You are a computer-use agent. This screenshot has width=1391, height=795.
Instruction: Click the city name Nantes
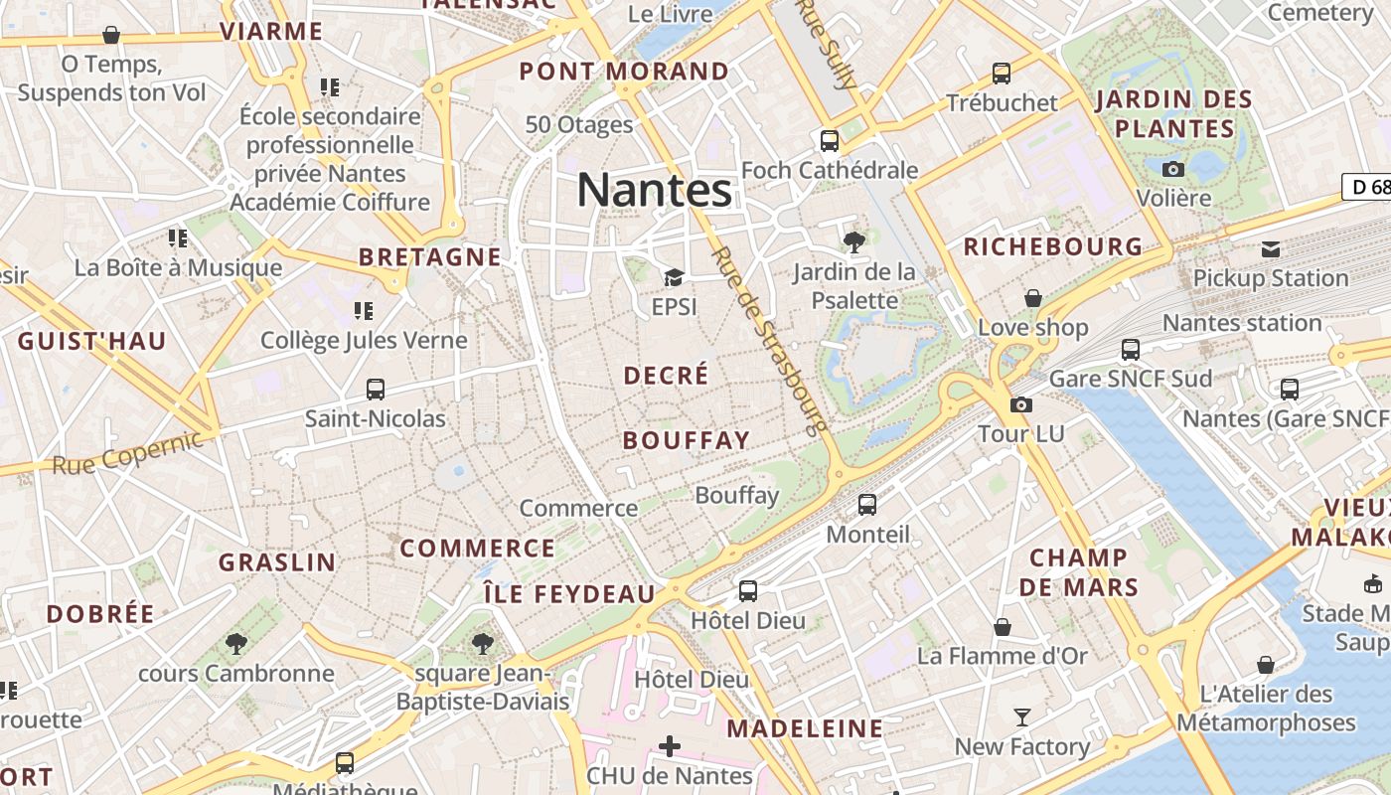[x=654, y=190]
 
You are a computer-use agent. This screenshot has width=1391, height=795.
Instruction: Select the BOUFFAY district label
[x=686, y=440]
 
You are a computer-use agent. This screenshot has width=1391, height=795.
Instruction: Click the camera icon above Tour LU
[x=1021, y=404]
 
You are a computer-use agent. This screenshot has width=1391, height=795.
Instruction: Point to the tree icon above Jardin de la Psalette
[x=853, y=240]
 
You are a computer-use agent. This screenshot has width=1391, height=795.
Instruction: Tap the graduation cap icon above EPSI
[x=675, y=278]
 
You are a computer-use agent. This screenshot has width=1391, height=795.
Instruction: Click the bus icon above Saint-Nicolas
[x=376, y=390]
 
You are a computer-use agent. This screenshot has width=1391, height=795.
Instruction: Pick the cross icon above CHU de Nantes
[x=670, y=745]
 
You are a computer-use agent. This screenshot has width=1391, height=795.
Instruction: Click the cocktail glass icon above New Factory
[x=1021, y=716]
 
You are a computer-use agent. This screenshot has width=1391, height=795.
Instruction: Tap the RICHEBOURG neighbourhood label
[x=1053, y=246]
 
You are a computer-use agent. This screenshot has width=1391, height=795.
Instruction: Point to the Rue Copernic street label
[x=127, y=451]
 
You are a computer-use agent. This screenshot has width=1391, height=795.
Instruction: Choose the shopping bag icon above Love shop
[x=1033, y=298]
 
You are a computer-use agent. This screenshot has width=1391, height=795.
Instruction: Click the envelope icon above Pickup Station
[x=1271, y=248]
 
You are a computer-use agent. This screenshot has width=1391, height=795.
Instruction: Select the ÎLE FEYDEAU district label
[x=568, y=594]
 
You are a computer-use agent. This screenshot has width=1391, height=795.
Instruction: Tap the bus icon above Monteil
[x=867, y=505]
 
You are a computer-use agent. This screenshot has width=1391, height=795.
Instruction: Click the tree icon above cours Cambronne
[x=236, y=644]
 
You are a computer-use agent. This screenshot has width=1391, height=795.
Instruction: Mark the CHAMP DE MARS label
[x=1078, y=571]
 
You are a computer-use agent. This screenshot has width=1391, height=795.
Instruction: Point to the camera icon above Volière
[x=1173, y=169]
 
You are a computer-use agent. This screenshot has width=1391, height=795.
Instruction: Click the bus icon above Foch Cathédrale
[x=830, y=141]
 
